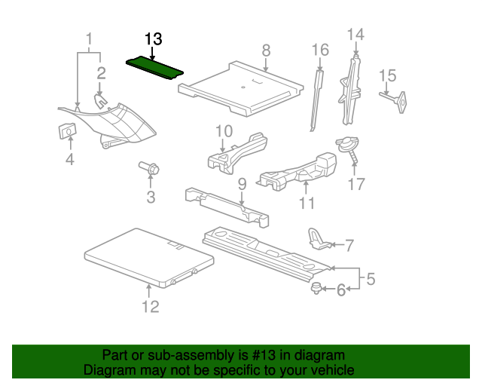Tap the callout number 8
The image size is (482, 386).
265,51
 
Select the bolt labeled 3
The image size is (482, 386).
148,170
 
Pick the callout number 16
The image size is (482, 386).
321,50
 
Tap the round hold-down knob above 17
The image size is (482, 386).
348,143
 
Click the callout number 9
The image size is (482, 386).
242,184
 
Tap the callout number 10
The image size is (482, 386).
224,131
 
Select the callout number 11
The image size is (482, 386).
306,203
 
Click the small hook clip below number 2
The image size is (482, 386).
100,100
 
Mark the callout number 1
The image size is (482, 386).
90,38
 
